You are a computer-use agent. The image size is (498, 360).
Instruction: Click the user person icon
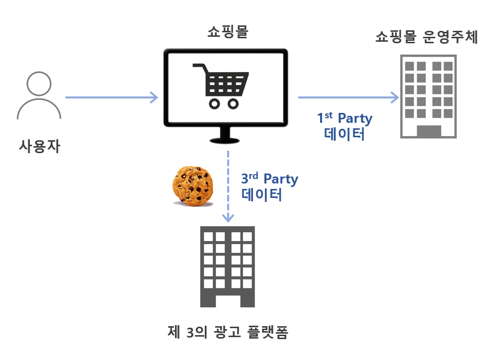tap(39, 96)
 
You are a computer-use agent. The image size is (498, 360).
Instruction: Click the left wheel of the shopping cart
tap(214, 104)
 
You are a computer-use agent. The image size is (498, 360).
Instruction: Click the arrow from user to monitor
tap(112, 97)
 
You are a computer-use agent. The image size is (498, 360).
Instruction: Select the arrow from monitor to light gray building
tap(348, 97)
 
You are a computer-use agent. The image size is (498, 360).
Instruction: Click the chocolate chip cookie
tap(193, 186)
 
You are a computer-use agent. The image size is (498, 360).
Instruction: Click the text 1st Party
tap(345, 118)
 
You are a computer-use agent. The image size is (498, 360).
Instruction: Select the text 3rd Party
tap(269, 179)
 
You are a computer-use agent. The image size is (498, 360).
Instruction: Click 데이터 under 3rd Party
tap(261, 195)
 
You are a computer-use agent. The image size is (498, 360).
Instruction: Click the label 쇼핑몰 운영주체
tap(427, 37)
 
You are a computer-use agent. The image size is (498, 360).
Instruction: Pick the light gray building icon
tap(428, 96)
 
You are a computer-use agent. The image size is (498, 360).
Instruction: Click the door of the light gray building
tap(428, 131)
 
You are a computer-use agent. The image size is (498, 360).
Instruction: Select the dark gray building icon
tap(227, 267)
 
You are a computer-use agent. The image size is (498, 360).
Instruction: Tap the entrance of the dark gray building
tap(227, 300)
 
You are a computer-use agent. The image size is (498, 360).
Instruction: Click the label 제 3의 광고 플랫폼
tap(228, 332)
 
